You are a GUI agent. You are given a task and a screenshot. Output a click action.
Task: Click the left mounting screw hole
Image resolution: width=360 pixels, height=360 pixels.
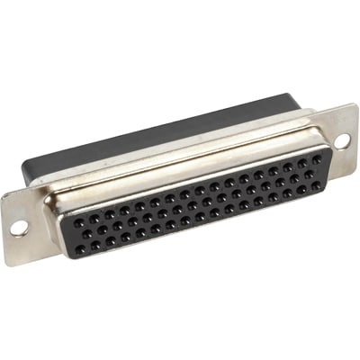point(19,228)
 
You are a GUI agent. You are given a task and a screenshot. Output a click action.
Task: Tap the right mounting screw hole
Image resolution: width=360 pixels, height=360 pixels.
point(341,140)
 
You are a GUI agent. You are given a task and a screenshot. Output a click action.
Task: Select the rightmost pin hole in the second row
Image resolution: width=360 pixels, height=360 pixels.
point(314,170)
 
